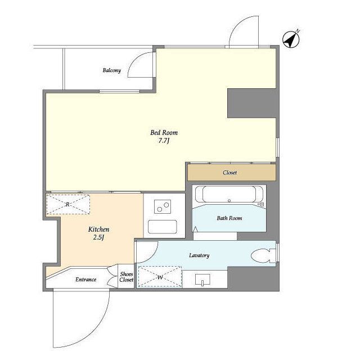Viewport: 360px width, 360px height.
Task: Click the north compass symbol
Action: [291, 39]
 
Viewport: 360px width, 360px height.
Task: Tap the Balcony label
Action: [111, 70]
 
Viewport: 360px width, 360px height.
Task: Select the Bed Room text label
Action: [164, 133]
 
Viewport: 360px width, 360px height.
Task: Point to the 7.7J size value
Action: [164, 141]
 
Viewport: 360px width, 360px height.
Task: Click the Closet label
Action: [229, 173]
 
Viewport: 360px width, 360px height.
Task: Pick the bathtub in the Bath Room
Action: [229, 194]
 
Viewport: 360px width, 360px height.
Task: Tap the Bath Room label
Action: [229, 218]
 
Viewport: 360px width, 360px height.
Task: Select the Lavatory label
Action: [199, 255]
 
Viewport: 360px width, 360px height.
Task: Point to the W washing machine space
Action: [160, 277]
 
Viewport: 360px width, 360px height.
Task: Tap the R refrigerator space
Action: [68, 204]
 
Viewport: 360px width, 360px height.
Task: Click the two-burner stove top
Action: [163, 206]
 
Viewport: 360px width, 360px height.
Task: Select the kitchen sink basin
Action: [163, 227]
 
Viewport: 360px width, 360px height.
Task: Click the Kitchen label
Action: [99, 229]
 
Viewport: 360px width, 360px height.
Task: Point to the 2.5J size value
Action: [99, 237]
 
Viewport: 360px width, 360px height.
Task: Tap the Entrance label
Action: [86, 280]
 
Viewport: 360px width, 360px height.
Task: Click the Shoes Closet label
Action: [126, 277]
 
